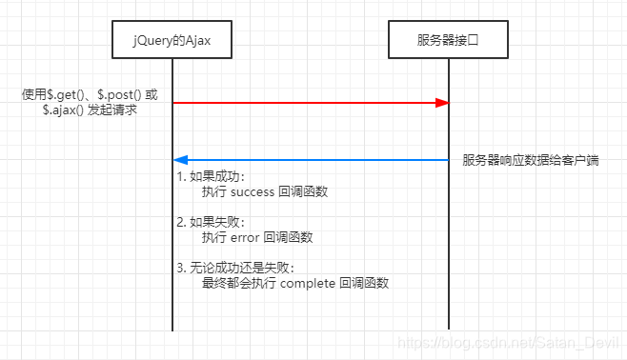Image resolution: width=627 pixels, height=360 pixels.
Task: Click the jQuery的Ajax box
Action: tap(172, 39)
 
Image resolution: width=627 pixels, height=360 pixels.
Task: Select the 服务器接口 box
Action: tap(449, 39)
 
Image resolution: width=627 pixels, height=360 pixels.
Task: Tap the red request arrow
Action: tap(305, 102)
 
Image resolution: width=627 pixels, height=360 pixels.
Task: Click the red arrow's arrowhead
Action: tap(443, 102)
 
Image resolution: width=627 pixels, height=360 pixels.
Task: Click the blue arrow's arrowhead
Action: tap(180, 159)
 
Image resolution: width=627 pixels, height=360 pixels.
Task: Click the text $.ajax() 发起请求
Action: tap(97, 110)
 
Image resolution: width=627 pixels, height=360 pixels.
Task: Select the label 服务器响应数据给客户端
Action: tap(531, 159)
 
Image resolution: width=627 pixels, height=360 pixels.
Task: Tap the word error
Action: tap(246, 237)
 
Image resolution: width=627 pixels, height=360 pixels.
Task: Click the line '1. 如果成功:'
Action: tap(212, 176)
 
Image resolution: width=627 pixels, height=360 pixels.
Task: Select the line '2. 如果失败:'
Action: tap(212, 222)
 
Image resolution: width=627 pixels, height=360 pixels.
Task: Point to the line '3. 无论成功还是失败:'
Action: tap(234, 268)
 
